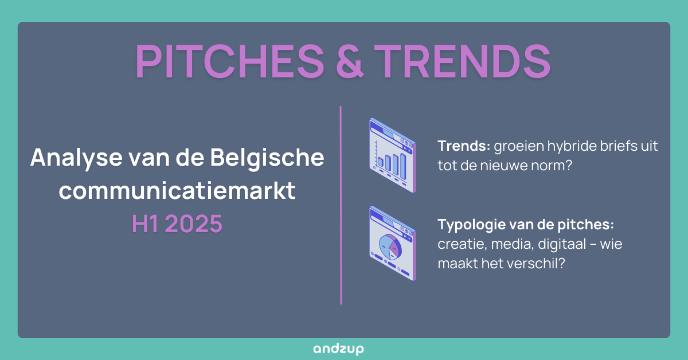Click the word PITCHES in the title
[230, 61]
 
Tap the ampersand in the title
[350, 61]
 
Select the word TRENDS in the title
[463, 61]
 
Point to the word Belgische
[267, 158]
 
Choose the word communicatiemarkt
[177, 191]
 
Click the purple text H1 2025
[177, 224]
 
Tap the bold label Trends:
[464, 146]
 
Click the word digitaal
[562, 244]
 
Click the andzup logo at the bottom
[338, 349]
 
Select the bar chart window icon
[393, 155]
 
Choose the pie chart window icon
[393, 243]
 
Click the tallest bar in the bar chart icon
[403, 166]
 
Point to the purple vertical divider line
[341, 205]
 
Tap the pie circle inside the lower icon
[390, 246]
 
